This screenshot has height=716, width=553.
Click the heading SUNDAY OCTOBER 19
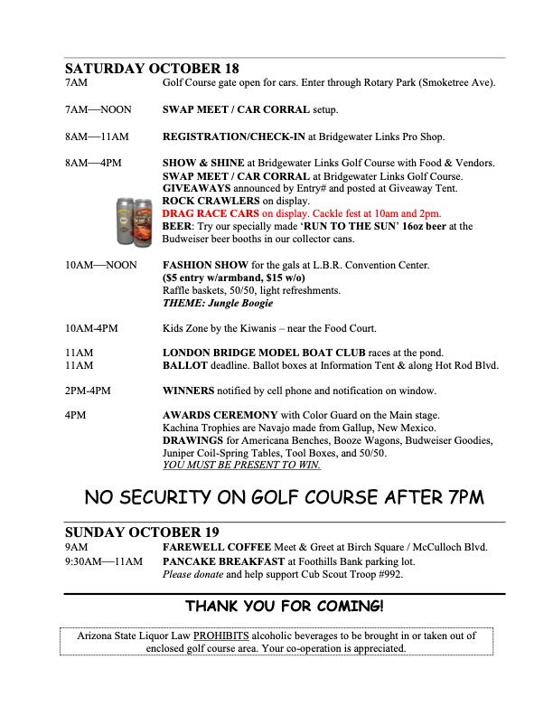[141, 532]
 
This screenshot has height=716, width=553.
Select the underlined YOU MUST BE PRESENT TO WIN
[241, 466]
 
